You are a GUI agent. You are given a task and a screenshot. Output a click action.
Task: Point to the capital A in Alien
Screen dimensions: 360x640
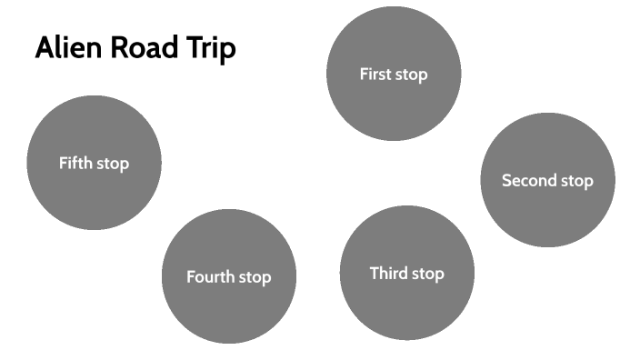(x=45, y=49)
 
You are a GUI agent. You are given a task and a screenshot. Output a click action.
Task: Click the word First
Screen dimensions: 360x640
(x=375, y=75)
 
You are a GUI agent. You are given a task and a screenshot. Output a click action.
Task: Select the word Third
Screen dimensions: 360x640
(x=388, y=273)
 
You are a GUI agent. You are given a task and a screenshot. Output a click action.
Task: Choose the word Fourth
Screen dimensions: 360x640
(x=211, y=277)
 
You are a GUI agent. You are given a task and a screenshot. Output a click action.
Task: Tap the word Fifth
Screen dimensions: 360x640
(x=75, y=164)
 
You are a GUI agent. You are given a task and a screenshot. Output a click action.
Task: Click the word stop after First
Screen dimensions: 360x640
(x=411, y=75)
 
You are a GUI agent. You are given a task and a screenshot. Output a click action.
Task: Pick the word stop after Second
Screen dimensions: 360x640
(x=576, y=181)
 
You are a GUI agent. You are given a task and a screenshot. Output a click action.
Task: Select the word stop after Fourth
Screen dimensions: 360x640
(x=255, y=278)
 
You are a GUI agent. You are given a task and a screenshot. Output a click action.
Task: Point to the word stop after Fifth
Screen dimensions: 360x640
(x=113, y=165)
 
